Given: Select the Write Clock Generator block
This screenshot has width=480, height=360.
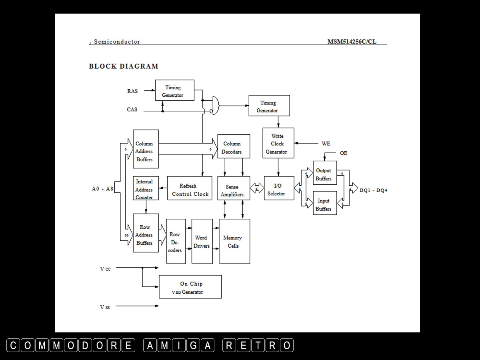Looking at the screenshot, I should pos(278,143).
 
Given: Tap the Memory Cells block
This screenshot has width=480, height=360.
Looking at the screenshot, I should pos(234,241).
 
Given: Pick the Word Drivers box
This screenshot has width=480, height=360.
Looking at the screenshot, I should pos(202,241).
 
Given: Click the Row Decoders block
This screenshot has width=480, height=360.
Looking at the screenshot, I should pos(176,241).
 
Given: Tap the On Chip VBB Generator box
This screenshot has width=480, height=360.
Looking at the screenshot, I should pos(190,287).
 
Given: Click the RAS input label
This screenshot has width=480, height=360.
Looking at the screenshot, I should pos(132,91).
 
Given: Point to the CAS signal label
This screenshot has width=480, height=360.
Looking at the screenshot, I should pos(132,110).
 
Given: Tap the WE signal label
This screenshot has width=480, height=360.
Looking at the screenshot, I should pos(326,143).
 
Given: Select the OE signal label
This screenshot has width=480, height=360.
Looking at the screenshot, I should pos(344,153).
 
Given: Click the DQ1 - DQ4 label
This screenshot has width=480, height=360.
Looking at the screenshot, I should pos(373,190).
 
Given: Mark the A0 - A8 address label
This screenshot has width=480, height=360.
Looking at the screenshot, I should pos(103,189).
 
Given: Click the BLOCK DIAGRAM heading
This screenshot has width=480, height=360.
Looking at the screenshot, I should pos(124,66).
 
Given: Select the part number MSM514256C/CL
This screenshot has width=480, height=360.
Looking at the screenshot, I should pos(352,42).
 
